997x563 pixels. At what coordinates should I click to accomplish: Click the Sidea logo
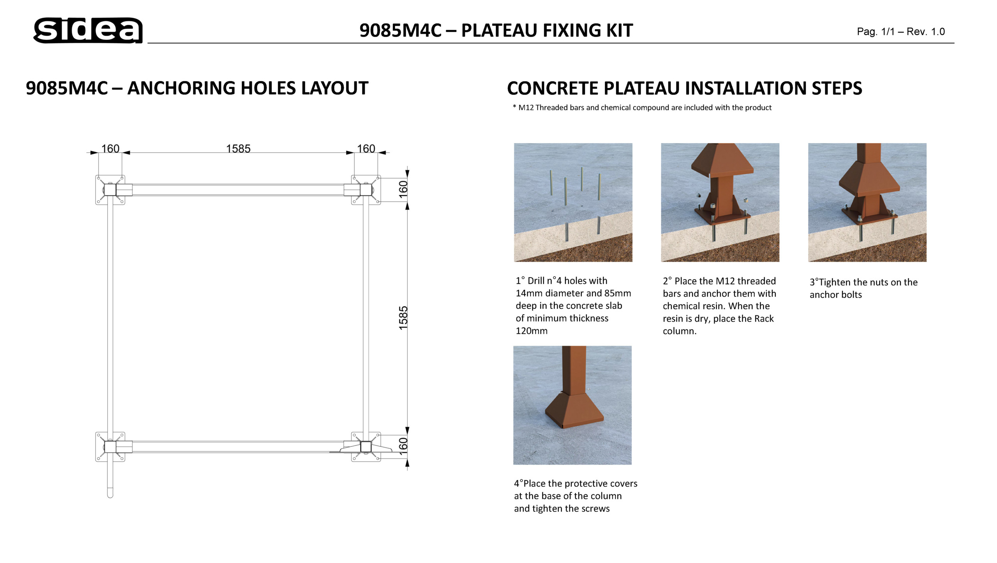pyautogui.click(x=88, y=30)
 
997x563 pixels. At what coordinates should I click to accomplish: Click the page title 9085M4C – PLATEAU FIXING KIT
pyautogui.click(x=496, y=30)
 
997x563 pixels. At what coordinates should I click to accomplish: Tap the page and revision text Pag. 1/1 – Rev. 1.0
pyautogui.click(x=901, y=32)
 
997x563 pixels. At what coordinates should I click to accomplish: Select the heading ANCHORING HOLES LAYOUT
pyautogui.click(x=248, y=88)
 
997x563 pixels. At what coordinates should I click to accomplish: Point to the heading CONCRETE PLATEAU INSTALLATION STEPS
pyautogui.click(x=685, y=88)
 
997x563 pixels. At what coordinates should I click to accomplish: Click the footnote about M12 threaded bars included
pyautogui.click(x=642, y=108)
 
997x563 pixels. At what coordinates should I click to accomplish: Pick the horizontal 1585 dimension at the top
pyautogui.click(x=238, y=149)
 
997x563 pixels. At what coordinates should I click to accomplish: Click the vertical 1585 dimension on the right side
pyautogui.click(x=403, y=318)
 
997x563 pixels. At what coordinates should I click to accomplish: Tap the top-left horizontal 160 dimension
pyautogui.click(x=110, y=149)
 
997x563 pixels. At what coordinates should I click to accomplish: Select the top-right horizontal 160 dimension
pyautogui.click(x=366, y=149)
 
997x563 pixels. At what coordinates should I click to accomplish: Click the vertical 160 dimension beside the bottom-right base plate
pyautogui.click(x=403, y=446)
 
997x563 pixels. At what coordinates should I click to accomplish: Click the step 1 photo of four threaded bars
pyautogui.click(x=573, y=202)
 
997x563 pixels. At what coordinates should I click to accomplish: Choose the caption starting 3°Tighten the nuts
pyautogui.click(x=863, y=289)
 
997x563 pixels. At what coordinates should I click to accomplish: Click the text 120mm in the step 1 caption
pyautogui.click(x=532, y=331)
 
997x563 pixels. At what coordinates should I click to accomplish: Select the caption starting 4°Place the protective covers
pyautogui.click(x=576, y=496)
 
